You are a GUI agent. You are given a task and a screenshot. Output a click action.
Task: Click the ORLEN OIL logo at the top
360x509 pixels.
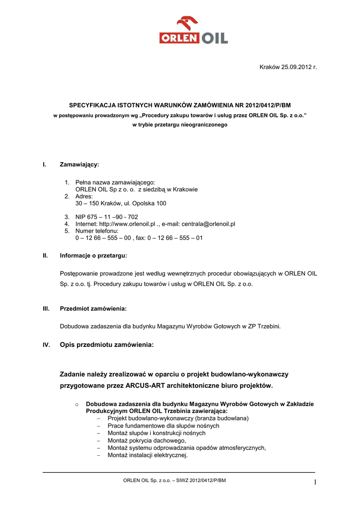click(193, 31)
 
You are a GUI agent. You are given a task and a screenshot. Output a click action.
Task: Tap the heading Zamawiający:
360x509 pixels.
click(79, 164)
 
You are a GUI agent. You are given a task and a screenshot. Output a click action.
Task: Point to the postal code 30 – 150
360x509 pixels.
click(88, 203)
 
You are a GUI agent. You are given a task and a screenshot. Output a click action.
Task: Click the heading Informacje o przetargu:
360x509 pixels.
click(93, 255)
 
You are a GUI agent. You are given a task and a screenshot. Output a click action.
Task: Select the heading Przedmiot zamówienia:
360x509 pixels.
click(93, 309)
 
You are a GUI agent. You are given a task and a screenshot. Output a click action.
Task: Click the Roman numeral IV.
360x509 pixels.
click(46, 345)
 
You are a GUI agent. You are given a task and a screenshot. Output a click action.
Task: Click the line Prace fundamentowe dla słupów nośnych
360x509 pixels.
click(163, 426)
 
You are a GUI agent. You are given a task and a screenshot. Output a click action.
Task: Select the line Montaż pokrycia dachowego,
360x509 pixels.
click(147, 440)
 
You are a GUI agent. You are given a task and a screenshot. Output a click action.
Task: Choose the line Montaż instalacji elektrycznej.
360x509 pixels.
click(148, 455)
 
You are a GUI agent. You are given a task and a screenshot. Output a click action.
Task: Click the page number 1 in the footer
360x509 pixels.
click(315, 482)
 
